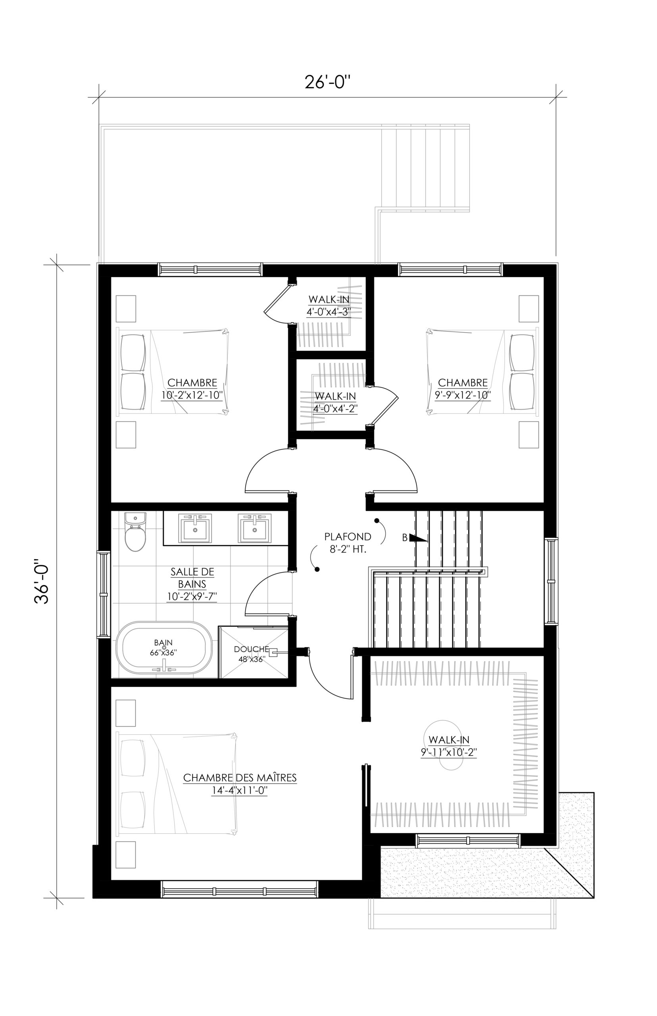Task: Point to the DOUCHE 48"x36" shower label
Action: click(252, 654)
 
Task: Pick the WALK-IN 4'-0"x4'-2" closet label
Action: click(335, 402)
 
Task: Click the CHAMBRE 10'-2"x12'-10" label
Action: click(192, 389)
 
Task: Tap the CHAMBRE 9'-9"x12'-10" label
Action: click(463, 389)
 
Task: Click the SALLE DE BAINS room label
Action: click(192, 584)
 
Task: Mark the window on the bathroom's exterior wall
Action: click(104, 595)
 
